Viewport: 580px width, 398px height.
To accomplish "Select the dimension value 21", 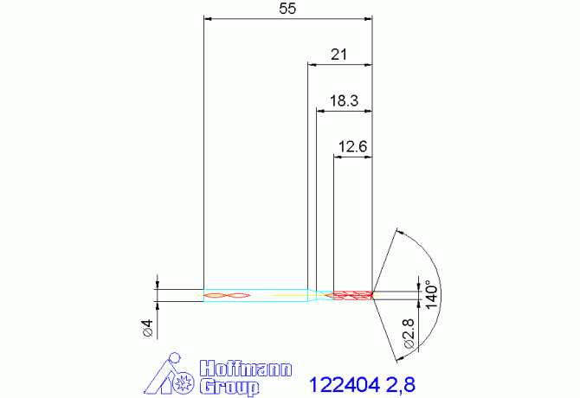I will click(x=339, y=55).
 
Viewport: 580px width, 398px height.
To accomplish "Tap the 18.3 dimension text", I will click(x=344, y=101).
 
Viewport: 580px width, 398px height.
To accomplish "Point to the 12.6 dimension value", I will click(x=353, y=147).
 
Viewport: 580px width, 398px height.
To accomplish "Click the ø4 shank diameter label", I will click(x=147, y=328).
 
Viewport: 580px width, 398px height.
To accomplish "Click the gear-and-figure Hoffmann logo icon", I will click(x=172, y=376).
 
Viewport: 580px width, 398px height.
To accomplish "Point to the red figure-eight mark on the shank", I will click(x=226, y=296).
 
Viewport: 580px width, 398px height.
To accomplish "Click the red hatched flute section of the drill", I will click(x=351, y=296).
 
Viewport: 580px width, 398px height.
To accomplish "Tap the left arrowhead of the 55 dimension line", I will click(x=207, y=17).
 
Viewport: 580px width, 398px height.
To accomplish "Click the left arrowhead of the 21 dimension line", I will click(x=312, y=63).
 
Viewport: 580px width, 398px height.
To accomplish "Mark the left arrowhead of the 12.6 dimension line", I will click(x=338, y=156).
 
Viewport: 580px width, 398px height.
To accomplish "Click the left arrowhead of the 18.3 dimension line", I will click(x=321, y=110).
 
